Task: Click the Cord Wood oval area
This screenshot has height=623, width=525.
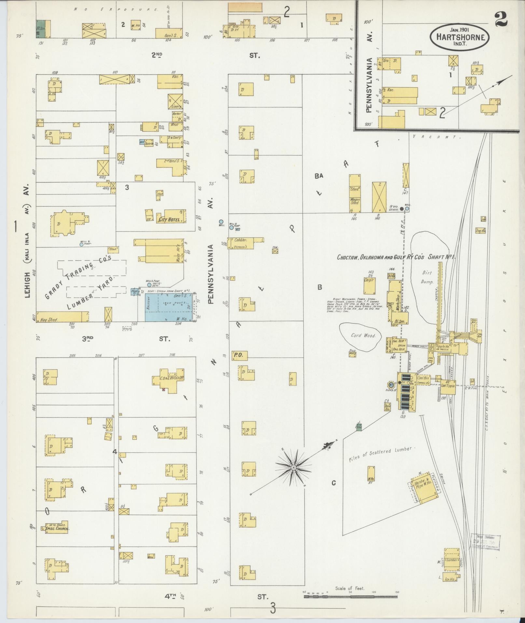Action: pos(361,335)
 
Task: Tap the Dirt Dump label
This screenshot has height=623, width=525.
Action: pos(427,277)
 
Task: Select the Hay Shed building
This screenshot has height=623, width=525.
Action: pos(62,317)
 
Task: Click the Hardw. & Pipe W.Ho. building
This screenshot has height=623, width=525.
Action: pos(423,488)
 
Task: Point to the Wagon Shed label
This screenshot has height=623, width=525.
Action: pos(354,201)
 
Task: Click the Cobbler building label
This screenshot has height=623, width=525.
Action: pos(241,240)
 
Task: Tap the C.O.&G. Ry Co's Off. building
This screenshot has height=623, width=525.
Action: pos(171,379)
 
